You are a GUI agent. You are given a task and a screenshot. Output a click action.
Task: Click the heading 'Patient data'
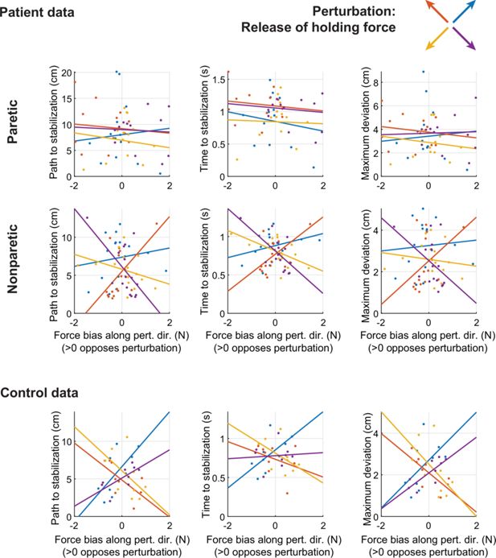coord(41,14)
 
